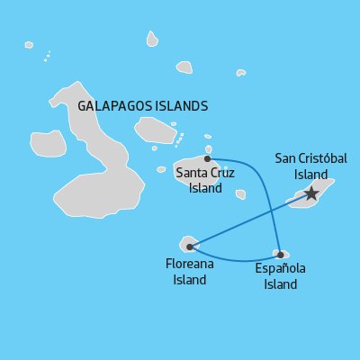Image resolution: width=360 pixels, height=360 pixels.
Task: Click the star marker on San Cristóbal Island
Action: (x=311, y=193)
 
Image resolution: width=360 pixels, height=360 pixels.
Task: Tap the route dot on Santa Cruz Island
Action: (x=207, y=157)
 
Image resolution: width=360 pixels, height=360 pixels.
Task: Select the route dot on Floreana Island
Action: (x=189, y=246)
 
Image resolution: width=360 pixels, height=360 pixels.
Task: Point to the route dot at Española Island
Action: (x=281, y=254)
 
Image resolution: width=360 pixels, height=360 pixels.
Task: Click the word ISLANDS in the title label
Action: (x=179, y=106)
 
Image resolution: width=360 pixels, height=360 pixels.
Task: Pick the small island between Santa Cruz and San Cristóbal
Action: (x=240, y=193)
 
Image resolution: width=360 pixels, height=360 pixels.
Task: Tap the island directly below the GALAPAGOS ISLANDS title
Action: (x=155, y=130)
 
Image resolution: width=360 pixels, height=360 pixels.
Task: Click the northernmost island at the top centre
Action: (x=152, y=39)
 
